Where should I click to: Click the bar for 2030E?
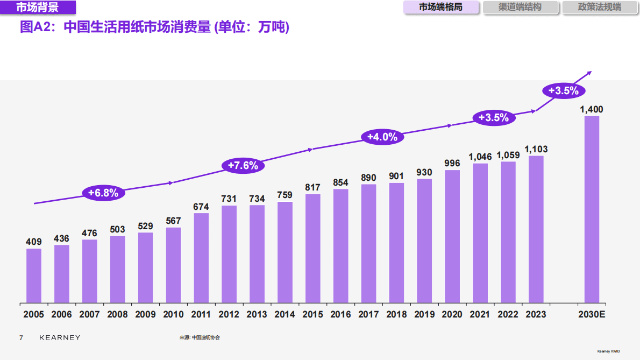(x=592, y=209)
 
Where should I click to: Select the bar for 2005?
(x=34, y=275)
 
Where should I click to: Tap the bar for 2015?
(x=313, y=248)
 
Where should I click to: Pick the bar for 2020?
(x=452, y=236)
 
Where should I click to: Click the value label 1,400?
(x=591, y=110)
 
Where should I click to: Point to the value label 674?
(x=201, y=207)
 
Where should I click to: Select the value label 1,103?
(x=536, y=149)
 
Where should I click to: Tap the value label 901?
(x=396, y=177)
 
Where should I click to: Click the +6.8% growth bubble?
(x=103, y=193)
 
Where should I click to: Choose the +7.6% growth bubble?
(x=243, y=165)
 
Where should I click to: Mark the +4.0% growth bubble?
(x=382, y=137)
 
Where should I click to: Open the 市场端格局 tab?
(x=441, y=8)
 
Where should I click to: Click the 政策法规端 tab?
(x=599, y=8)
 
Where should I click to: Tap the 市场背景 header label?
(x=38, y=8)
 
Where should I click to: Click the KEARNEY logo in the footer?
(x=60, y=337)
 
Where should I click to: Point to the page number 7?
(x=21, y=337)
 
